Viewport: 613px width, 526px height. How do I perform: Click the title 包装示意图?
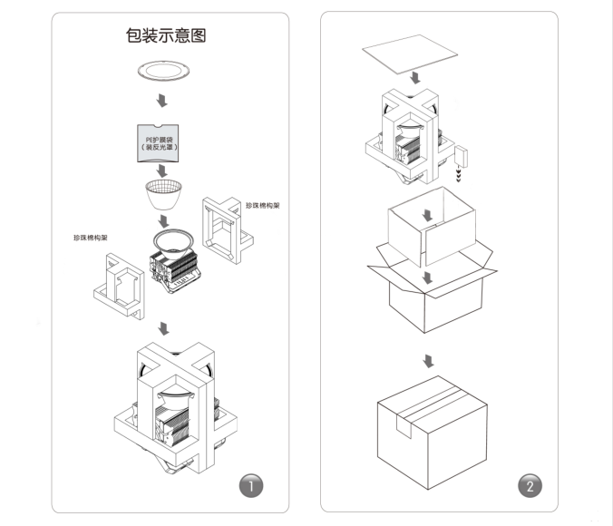(x=167, y=36)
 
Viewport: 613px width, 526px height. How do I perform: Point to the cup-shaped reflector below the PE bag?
(x=164, y=193)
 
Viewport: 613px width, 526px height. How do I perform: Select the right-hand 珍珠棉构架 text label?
(x=262, y=206)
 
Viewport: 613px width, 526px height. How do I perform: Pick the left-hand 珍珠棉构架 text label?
(x=91, y=238)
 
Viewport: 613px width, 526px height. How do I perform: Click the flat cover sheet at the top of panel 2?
(x=414, y=57)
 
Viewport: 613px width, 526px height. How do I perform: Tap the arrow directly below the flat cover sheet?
(x=414, y=82)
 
